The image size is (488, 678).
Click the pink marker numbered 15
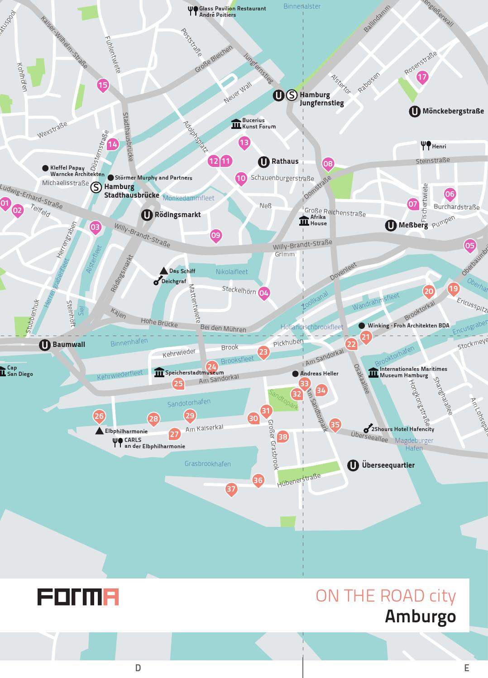point(103,85)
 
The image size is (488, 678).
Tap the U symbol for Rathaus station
point(263,162)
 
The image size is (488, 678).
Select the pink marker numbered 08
point(328,164)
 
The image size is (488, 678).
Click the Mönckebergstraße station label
point(453,111)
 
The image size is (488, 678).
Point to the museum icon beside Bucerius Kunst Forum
point(236,124)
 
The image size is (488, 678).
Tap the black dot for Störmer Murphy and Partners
point(110,178)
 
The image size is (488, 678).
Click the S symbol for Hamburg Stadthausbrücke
point(96,187)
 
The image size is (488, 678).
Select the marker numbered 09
point(216,235)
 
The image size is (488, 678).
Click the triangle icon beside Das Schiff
point(164,271)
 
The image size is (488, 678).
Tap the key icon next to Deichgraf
point(157,281)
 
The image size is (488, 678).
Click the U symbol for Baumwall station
point(44,345)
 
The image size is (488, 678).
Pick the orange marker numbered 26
point(99,416)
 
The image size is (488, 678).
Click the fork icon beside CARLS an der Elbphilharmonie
point(118,443)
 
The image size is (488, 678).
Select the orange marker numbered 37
point(231,489)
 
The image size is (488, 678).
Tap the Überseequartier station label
point(388,465)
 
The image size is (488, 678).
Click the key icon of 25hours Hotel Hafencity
point(368,429)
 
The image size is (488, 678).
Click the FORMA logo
point(78,597)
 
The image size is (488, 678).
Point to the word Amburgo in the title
point(420,616)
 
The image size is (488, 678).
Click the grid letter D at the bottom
point(138,668)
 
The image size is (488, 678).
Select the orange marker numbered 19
point(453,289)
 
